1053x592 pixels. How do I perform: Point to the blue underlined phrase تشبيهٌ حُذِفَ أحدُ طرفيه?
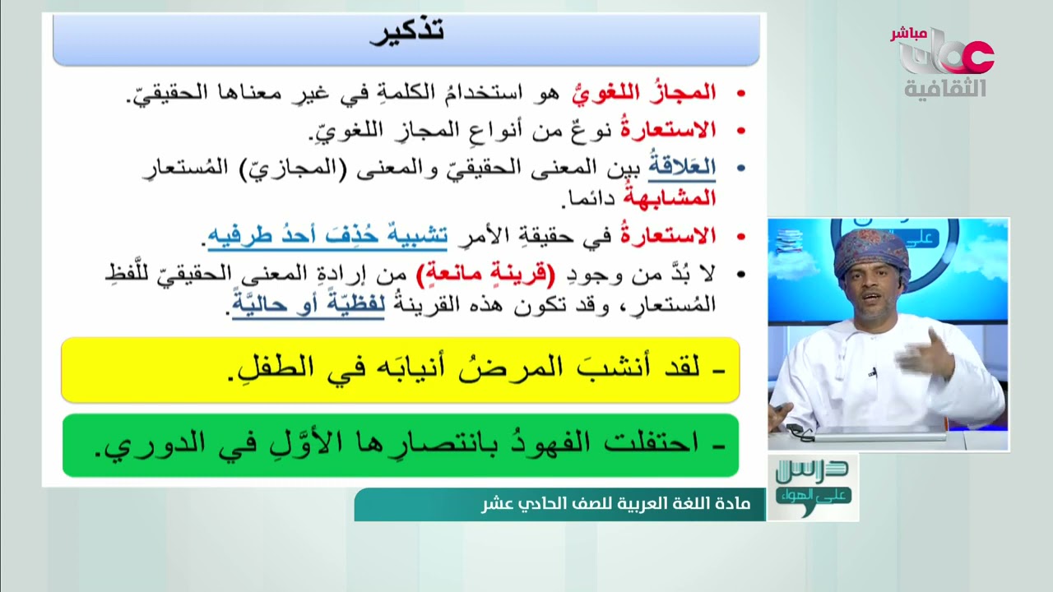point(327,237)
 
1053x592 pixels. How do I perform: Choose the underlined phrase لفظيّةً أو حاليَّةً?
point(308,307)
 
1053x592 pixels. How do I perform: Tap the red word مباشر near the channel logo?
point(908,34)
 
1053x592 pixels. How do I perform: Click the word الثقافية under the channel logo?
point(945,88)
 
